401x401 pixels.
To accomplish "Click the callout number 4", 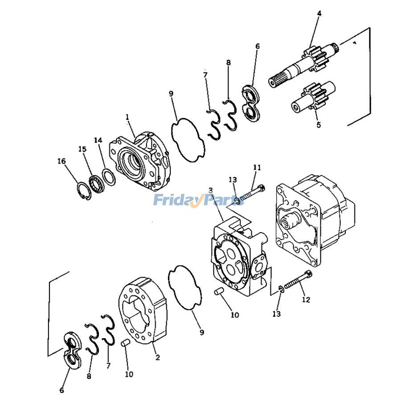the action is pyautogui.click(x=319, y=13).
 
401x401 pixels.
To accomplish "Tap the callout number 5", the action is pyautogui.click(x=319, y=125).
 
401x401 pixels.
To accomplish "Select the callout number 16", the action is pyautogui.click(x=61, y=161).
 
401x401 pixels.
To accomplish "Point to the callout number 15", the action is pyautogui.click(x=82, y=149).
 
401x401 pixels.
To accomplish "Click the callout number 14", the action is pyautogui.click(x=98, y=140).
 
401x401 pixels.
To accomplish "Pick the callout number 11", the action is pyautogui.click(x=257, y=168).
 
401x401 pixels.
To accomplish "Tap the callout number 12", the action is pyautogui.click(x=306, y=299).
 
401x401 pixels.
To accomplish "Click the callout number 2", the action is pyautogui.click(x=158, y=357).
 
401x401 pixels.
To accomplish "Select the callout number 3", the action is pyautogui.click(x=210, y=190).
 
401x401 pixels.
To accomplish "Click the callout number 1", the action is pyautogui.click(x=127, y=117).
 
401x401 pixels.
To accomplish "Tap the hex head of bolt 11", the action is pyautogui.click(x=262, y=189).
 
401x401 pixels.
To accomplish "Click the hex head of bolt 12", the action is pyautogui.click(x=309, y=274).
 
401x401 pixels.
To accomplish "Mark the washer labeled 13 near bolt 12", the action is pyautogui.click(x=281, y=289).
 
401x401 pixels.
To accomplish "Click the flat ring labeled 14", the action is pyautogui.click(x=109, y=176).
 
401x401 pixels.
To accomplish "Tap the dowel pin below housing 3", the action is pyautogui.click(x=219, y=291).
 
